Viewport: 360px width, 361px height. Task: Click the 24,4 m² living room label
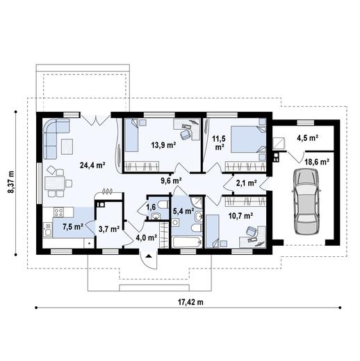tap(92, 165)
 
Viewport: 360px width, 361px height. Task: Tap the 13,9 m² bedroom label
tap(163, 145)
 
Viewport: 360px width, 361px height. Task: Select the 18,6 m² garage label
tap(317, 162)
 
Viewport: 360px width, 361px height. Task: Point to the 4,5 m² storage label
tap(307, 137)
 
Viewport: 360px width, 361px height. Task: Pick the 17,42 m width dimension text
tap(190, 302)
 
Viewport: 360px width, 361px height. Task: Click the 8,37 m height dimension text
tap(10, 182)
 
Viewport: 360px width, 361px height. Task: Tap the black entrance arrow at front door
tap(149, 255)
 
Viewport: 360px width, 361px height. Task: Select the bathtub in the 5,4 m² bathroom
tap(187, 242)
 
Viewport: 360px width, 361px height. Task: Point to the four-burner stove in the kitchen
tap(58, 212)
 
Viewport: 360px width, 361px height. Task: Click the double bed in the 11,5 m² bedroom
tap(248, 139)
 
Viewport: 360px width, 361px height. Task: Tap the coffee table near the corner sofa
tap(67, 146)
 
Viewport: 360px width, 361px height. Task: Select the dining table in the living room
tap(54, 183)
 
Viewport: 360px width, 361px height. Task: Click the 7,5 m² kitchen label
tap(73, 227)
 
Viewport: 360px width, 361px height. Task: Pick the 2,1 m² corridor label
tap(246, 183)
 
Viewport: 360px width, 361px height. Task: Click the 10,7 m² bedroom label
tap(240, 216)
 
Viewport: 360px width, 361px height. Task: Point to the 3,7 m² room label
tap(109, 229)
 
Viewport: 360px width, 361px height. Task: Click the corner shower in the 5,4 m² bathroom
tap(197, 202)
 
